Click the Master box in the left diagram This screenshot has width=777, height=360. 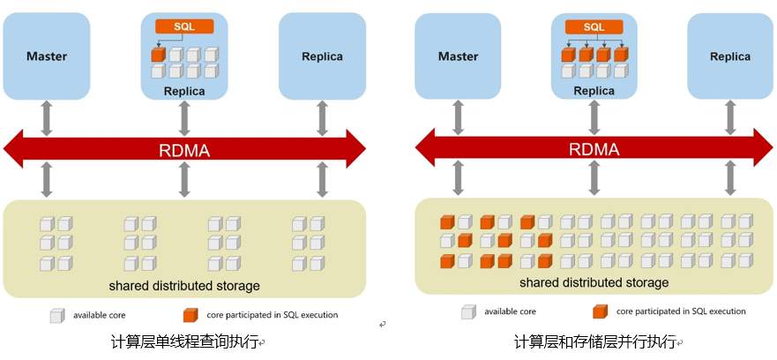coord(47,56)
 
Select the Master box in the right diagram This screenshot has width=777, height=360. coord(459,56)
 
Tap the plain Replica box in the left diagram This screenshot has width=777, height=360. coord(322,56)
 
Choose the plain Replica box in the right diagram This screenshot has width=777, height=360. coord(730,56)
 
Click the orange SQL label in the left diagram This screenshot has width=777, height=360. coord(184,26)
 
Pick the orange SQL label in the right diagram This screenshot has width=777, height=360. coord(594,26)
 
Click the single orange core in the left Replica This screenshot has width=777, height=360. coord(159,55)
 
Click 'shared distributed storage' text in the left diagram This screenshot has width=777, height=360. coord(184,285)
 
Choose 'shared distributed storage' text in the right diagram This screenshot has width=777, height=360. coord(594,282)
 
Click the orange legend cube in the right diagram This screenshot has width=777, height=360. coord(600,311)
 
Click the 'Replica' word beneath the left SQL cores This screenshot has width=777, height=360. coord(184,91)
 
